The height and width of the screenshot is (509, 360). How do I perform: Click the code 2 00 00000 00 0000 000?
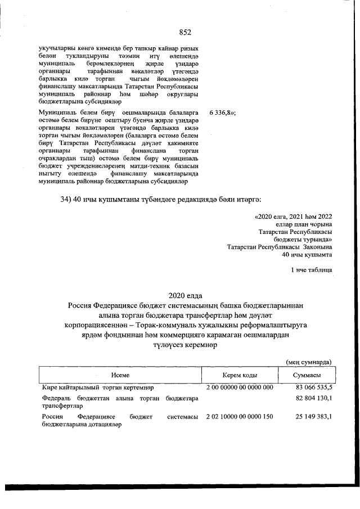(240, 388)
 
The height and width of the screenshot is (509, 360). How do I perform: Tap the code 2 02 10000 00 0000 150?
(240, 417)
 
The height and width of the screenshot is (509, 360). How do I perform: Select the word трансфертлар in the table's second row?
(58, 405)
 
